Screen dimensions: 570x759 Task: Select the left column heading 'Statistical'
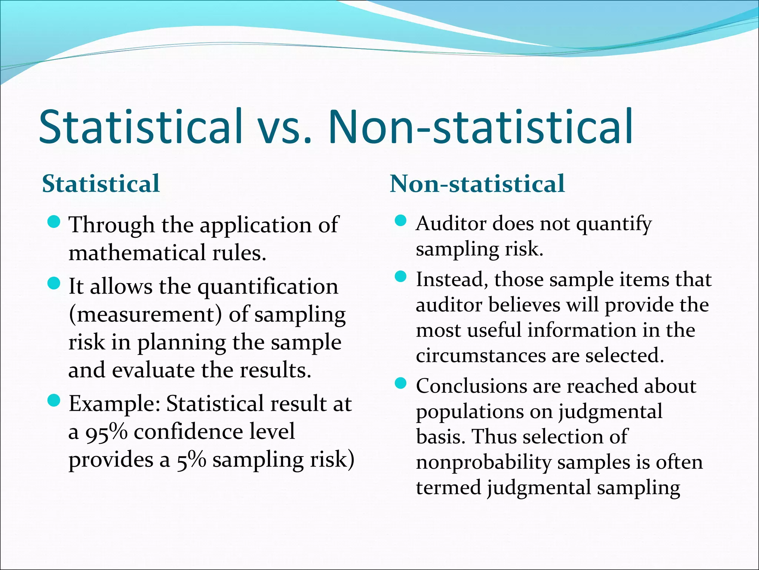[x=101, y=184]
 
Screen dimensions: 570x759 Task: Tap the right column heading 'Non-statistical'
[x=477, y=184]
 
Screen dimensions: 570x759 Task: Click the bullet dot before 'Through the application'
[x=54, y=223]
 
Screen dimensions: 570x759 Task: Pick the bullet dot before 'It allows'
[x=54, y=284]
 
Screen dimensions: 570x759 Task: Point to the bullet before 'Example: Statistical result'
[x=54, y=401]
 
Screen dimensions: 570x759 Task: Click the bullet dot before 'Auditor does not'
[x=401, y=222]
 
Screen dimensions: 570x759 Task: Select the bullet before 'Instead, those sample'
[x=401, y=277]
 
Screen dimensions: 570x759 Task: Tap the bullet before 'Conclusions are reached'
[x=401, y=383]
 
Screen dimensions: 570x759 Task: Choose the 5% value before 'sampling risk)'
[x=191, y=461]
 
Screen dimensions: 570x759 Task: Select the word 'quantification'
[x=268, y=287]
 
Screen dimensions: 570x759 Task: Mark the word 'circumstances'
[x=481, y=356]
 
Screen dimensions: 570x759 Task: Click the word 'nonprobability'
[x=484, y=462]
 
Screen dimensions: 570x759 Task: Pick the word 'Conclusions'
[x=471, y=386]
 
